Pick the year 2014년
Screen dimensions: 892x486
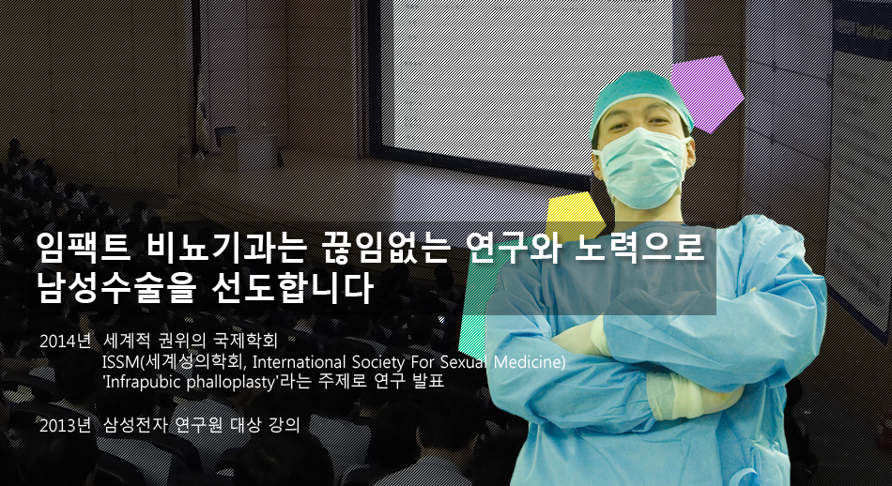[65, 342]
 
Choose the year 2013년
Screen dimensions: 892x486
[65, 425]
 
